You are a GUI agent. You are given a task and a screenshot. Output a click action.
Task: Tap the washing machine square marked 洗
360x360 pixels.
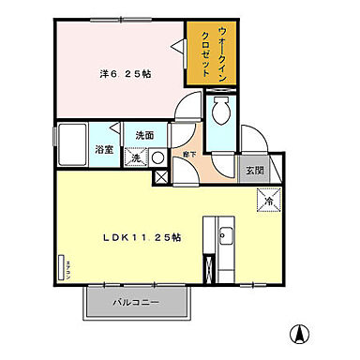tap(137, 158)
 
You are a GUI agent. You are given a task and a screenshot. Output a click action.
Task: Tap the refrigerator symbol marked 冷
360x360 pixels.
tap(268, 200)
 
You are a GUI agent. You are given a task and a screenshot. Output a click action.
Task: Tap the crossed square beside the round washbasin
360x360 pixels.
tap(158, 175)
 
